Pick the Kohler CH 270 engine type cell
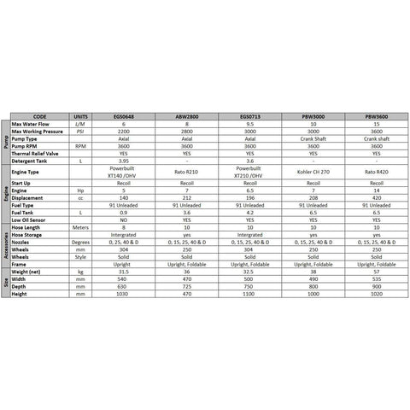[x=316, y=172]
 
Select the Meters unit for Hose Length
[x=80, y=227]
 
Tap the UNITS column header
[x=80, y=116]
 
